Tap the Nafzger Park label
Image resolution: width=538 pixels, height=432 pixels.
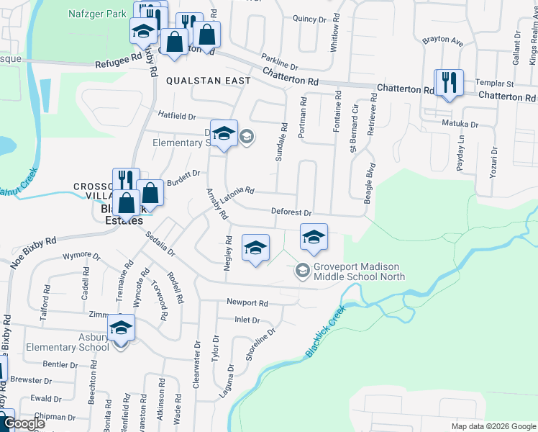(97, 13)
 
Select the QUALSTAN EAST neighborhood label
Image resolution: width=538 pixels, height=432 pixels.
(209, 81)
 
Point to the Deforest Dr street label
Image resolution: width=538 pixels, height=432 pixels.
(291, 212)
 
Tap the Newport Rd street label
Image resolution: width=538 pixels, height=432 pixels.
(247, 303)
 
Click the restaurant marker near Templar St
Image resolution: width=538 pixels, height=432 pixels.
(449, 83)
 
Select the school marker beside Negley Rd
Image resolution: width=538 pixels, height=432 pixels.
(255, 248)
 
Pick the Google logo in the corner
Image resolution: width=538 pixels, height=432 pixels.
(24, 423)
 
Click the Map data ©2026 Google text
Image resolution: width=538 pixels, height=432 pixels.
(493, 426)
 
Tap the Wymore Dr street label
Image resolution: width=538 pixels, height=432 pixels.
(81, 256)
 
